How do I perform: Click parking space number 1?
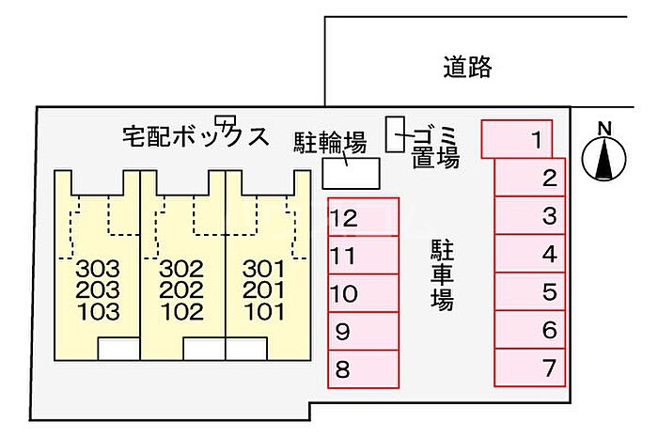coord(516,139)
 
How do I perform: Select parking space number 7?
coord(530,368)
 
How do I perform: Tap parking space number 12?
coord(364,217)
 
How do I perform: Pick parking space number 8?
coord(364,369)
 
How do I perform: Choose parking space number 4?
coord(530,254)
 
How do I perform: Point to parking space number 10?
coord(364,293)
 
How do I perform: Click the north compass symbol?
coord(604,155)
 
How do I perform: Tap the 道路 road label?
coord(467,67)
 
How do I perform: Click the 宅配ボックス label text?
coord(196,136)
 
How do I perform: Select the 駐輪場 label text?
coord(330,143)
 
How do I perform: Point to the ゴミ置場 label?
coord(435,148)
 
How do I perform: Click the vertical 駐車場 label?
coord(443,275)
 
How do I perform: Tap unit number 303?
coord(98,269)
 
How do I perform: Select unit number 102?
coord(181,312)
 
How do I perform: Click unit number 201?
coord(263,289)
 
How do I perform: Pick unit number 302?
coord(181,269)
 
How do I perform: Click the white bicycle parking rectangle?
coord(352,173)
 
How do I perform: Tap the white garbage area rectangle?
coord(396,134)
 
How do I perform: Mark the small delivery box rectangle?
coord(226,120)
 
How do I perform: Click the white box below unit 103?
coord(118,349)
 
